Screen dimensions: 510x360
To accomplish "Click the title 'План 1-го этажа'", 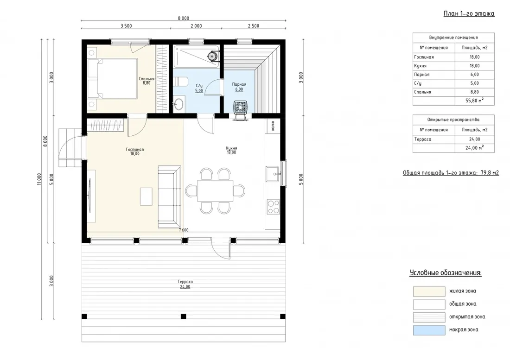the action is click(469, 13).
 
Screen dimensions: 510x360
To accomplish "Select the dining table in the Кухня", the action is click(215, 191).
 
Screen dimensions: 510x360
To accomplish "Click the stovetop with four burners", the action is click(273, 207).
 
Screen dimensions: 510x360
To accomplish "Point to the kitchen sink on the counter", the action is click(273, 174).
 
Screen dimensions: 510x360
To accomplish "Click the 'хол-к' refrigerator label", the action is click(273, 126).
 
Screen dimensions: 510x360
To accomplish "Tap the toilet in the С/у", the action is click(180, 82).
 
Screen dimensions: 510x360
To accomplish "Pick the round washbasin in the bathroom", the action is click(178, 104).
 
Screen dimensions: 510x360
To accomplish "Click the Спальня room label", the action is click(147, 79).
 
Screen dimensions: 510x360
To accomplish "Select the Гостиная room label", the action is click(135, 150).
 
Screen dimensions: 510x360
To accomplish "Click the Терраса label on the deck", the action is click(185, 282).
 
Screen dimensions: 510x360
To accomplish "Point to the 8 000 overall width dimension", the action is click(184, 19).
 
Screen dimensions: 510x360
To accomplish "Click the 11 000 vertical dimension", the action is click(39, 179).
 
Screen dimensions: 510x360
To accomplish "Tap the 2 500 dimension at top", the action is click(254, 26).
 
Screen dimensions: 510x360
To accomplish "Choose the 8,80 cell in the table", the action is click(475, 92).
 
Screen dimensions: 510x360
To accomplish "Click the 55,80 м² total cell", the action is click(475, 101).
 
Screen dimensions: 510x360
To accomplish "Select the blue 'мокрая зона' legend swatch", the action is click(429, 330).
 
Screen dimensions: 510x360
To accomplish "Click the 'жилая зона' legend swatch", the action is click(429, 291).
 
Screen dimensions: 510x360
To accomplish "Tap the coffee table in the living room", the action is click(146, 196).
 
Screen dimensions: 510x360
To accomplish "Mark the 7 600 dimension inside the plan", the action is click(184, 230).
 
